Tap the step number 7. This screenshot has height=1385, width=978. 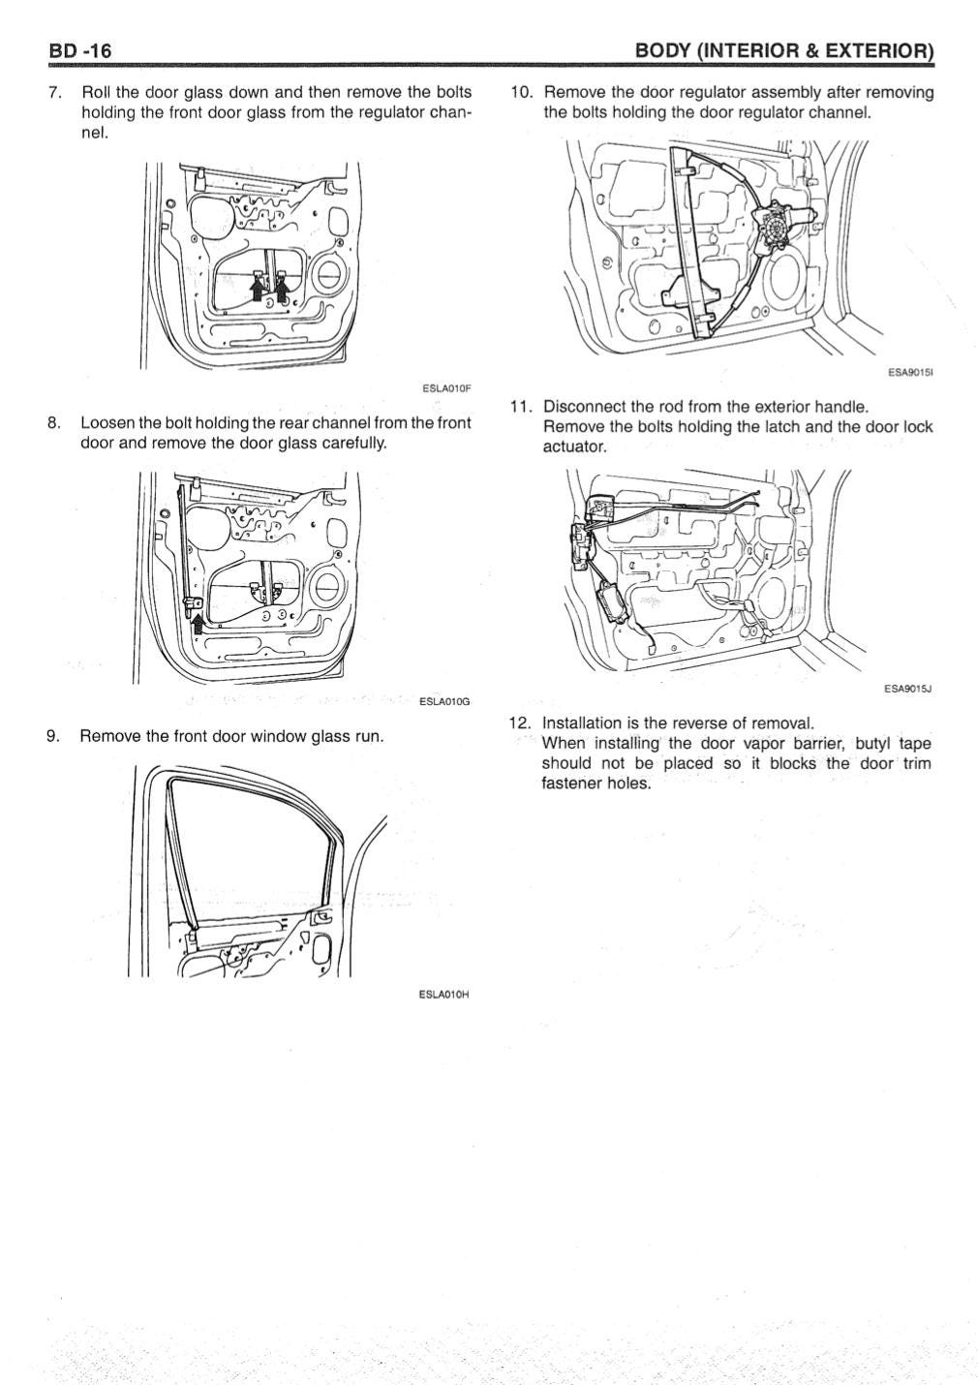[55, 93]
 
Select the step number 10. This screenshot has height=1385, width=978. [522, 93]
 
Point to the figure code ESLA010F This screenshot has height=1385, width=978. [445, 388]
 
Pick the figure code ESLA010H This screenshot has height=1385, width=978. [443, 994]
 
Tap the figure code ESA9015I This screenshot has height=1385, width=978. [909, 371]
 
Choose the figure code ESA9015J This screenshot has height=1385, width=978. [907, 689]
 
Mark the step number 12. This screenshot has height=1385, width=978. [521, 723]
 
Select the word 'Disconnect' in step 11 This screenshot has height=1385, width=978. [583, 407]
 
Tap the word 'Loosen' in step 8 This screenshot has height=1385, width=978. [107, 423]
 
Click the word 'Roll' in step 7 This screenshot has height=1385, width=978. [97, 93]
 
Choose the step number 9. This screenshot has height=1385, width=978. [55, 736]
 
